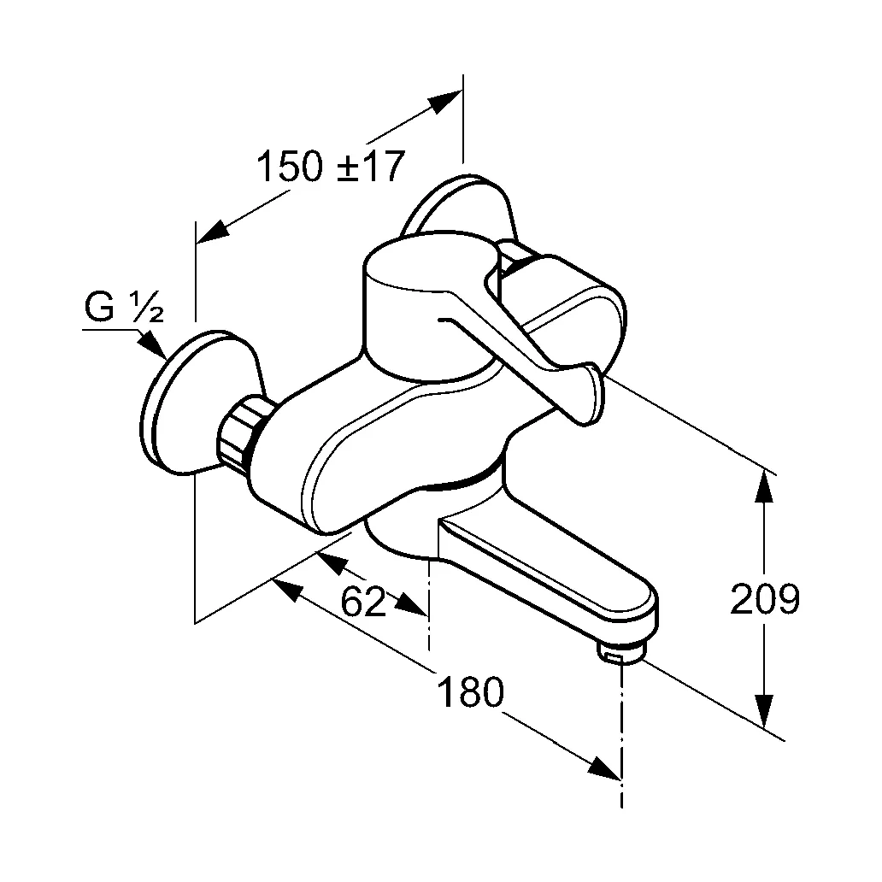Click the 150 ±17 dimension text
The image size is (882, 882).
[x=329, y=166]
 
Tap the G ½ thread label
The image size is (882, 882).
[x=124, y=307]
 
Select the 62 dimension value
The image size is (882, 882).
[x=363, y=602]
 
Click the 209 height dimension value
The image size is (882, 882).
[x=764, y=600]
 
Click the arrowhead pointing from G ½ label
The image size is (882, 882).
[x=153, y=347]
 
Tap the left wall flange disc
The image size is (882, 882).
[x=184, y=402]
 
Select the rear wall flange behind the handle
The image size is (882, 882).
[x=462, y=205]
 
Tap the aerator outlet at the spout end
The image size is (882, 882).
[x=619, y=655]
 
